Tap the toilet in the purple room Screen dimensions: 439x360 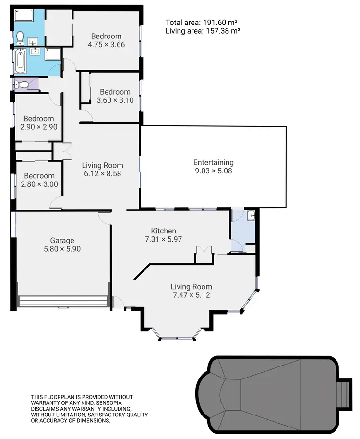coord(22,85)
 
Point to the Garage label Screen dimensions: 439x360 coord(62,241)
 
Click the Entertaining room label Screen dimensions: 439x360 coord(213,162)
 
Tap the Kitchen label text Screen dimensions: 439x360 coord(164,231)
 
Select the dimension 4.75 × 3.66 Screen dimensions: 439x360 coord(107,45)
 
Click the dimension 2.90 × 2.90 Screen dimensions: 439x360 coord(39,127)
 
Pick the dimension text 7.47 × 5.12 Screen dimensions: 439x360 coord(191,295)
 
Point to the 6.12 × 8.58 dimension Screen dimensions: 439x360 coord(102,173)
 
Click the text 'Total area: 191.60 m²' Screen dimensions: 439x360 coord(202,22)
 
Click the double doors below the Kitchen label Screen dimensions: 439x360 coord(203,253)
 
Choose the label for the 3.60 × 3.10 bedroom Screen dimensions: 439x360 coord(115,92)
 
